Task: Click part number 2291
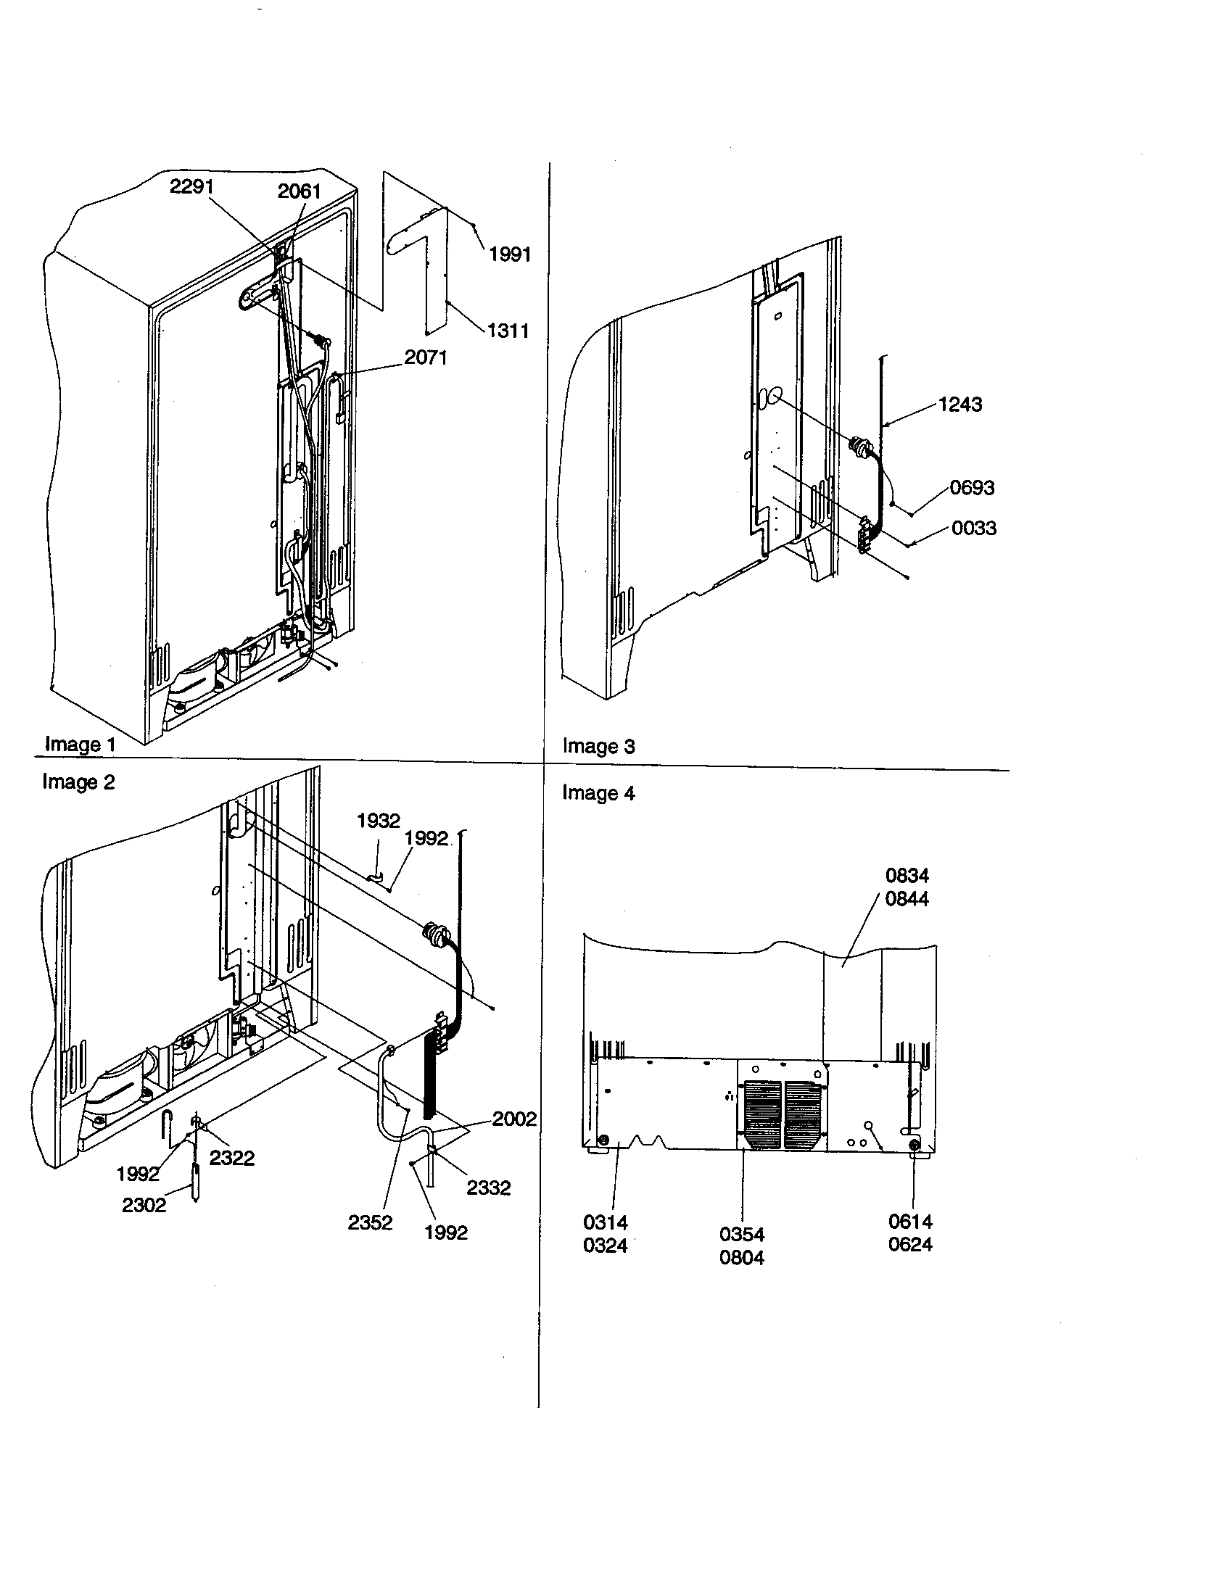pyautogui.click(x=191, y=187)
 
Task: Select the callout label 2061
pyautogui.click(x=299, y=191)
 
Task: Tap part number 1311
pyautogui.click(x=508, y=331)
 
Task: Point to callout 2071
pyautogui.click(x=426, y=358)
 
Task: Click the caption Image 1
pyautogui.click(x=81, y=744)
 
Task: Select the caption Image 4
pyautogui.click(x=598, y=793)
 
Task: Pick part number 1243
pyautogui.click(x=959, y=405)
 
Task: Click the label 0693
pyautogui.click(x=971, y=488)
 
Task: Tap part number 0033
pyautogui.click(x=973, y=528)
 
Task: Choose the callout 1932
pyautogui.click(x=379, y=821)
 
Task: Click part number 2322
pyautogui.click(x=231, y=1158)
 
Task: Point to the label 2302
pyautogui.click(x=144, y=1205)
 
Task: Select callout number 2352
pyautogui.click(x=370, y=1222)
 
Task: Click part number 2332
pyautogui.click(x=488, y=1188)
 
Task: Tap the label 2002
pyautogui.click(x=514, y=1119)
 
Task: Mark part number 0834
pyautogui.click(x=907, y=875)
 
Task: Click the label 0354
pyautogui.click(x=741, y=1234)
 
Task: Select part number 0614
pyautogui.click(x=910, y=1221)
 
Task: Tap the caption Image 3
pyautogui.click(x=598, y=746)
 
